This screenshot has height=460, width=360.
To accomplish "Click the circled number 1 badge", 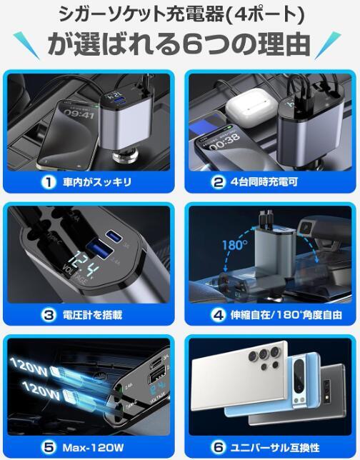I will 48,182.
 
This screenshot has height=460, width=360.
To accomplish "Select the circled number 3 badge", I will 48,314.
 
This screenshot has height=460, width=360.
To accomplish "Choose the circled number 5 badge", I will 48,446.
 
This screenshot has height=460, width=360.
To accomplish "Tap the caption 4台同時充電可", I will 264,182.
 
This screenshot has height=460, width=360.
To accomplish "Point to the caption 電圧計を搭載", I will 93,314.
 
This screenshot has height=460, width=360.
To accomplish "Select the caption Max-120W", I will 91,446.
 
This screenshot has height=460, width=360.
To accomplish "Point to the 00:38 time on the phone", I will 224,143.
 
